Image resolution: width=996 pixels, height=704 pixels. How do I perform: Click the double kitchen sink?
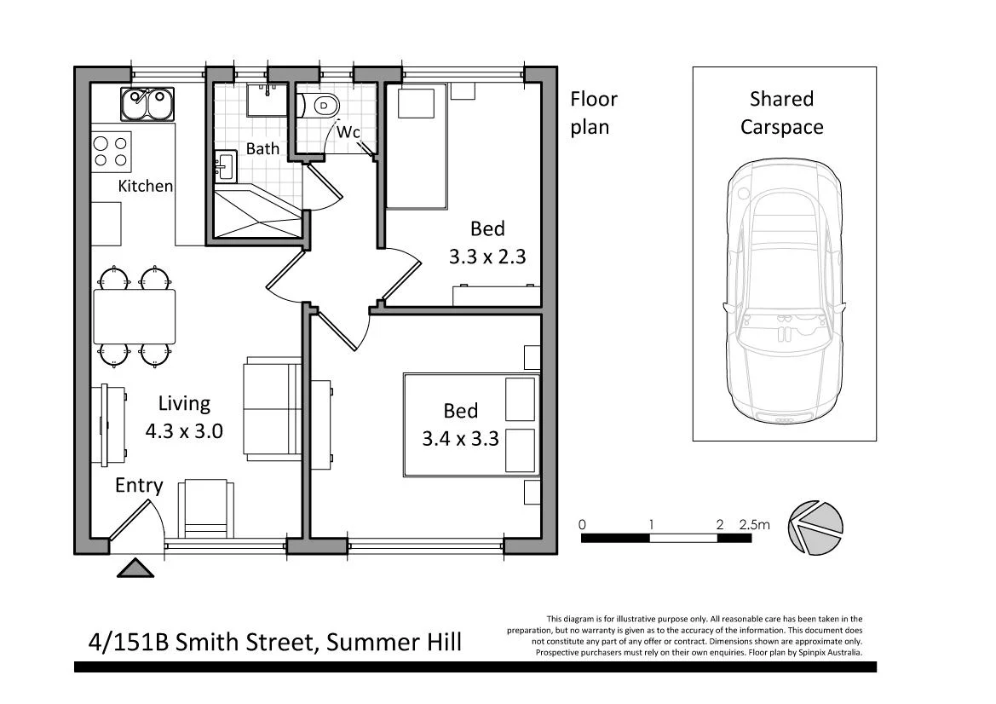pos(147,104)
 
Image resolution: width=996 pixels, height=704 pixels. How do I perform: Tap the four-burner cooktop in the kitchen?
pos(112,152)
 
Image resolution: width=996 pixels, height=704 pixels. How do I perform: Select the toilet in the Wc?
pos(321,106)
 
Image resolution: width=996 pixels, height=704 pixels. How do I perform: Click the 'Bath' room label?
pos(262,148)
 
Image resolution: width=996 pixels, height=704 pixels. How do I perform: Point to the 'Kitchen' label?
pos(145,186)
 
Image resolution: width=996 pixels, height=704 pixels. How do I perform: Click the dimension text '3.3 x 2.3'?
pos(488,256)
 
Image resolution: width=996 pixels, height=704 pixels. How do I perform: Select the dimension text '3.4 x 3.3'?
pos(460,439)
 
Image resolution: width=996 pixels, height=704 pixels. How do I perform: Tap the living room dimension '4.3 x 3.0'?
pos(184,430)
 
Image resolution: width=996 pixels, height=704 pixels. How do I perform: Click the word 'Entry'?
pos(139,485)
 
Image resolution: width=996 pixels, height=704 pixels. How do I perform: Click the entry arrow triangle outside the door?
pos(135,568)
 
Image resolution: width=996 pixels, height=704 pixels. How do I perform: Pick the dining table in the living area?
pos(135,316)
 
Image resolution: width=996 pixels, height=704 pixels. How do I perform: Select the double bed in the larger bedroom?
pos(471,424)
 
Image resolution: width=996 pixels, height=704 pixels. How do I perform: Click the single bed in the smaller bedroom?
pos(417,147)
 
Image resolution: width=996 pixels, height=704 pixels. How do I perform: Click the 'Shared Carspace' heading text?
pos(781,113)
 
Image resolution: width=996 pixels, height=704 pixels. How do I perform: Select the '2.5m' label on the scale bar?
pos(754,525)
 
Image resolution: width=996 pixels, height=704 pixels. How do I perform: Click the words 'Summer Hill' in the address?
pos(394,641)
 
